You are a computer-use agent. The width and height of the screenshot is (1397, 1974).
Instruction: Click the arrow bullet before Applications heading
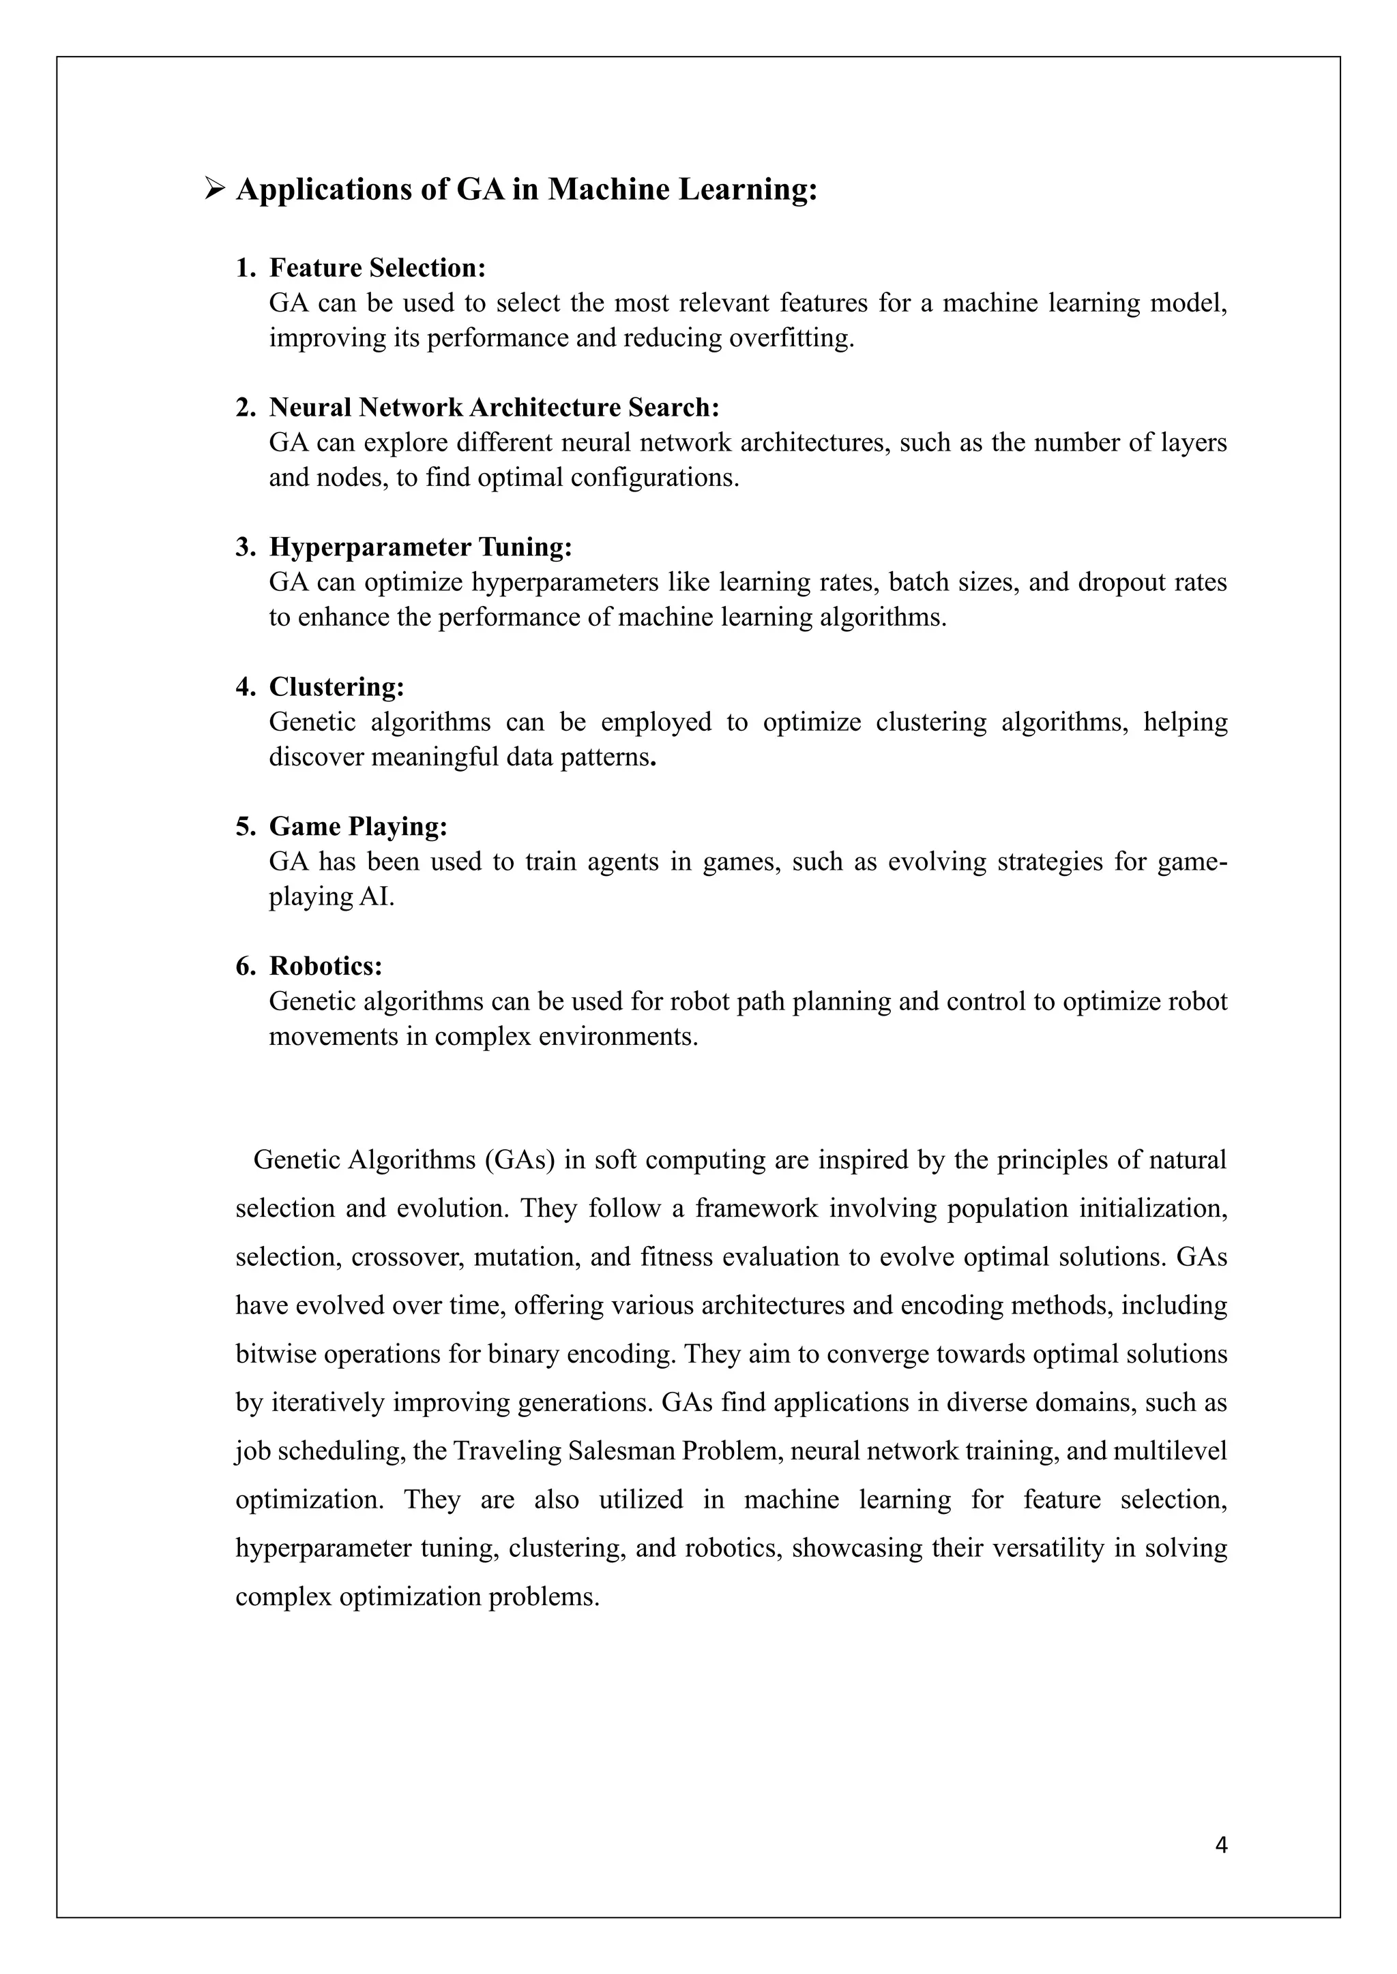[214, 189]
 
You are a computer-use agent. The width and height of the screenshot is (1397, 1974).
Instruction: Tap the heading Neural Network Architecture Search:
[494, 407]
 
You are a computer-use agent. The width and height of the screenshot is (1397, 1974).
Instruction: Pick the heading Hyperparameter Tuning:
[421, 547]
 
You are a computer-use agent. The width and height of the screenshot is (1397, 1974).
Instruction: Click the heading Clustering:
[336, 686]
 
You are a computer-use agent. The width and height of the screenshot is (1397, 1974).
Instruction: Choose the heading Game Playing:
[358, 826]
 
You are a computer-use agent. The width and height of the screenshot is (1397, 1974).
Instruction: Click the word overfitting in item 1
[791, 338]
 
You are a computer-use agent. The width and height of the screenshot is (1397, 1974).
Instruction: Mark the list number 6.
[245, 967]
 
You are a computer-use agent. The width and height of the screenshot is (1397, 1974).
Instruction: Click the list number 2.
[245, 408]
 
